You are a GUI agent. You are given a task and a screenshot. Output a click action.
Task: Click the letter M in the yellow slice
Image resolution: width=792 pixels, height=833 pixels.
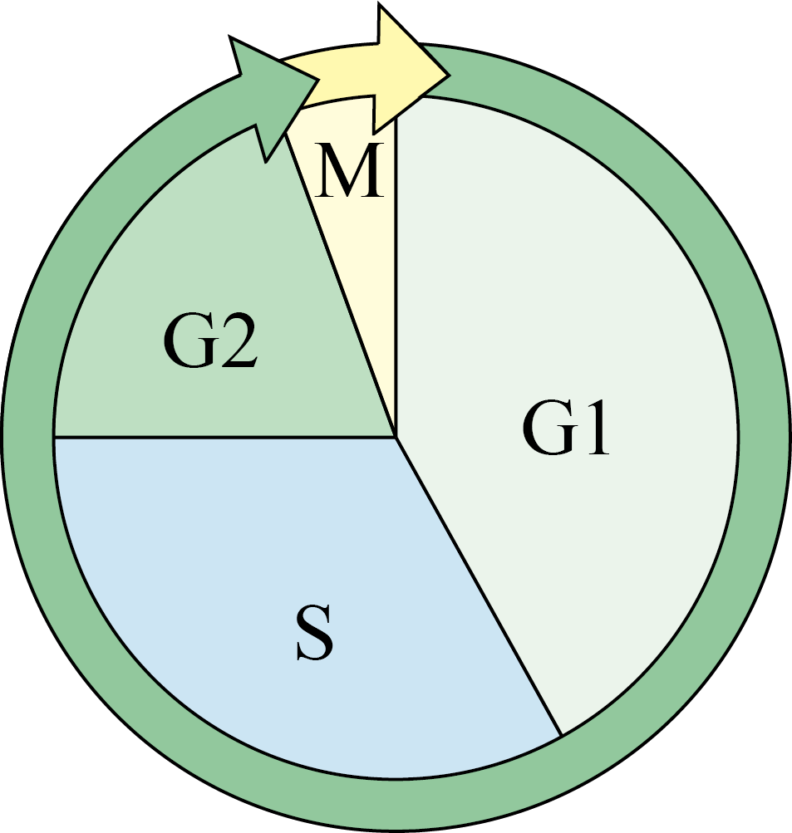pos(349,170)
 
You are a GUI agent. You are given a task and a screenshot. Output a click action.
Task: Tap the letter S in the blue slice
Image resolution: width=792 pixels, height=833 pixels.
pos(315,633)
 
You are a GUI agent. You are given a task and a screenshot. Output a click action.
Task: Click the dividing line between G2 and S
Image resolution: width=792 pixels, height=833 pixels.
pos(224,438)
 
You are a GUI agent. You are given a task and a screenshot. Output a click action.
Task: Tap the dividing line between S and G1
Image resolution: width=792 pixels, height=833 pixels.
pos(479,587)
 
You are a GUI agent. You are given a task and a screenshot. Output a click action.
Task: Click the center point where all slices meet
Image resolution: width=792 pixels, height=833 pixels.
pos(396,438)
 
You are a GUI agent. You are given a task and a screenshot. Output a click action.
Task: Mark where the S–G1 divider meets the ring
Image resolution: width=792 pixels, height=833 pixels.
pos(561,735)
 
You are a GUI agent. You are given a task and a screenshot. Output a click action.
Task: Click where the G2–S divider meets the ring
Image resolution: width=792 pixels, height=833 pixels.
pos(54,438)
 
